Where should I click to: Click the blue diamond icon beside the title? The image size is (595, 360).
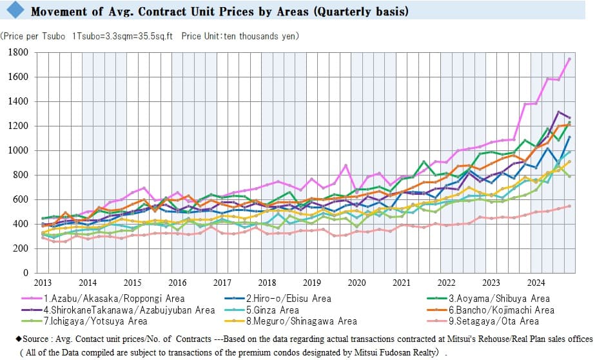point(15,11)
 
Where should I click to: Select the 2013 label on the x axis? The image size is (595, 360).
point(43,283)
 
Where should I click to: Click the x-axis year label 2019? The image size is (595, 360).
point(311,283)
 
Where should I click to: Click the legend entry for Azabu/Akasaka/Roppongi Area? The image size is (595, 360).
point(114,299)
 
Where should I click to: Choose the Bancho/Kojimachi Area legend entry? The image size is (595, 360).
point(496,310)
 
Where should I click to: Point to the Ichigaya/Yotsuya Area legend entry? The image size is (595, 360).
point(97,321)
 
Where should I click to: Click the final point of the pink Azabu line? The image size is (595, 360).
point(569,59)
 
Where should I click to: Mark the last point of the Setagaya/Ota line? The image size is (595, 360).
point(569,206)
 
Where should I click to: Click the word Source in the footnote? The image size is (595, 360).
point(28,337)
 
